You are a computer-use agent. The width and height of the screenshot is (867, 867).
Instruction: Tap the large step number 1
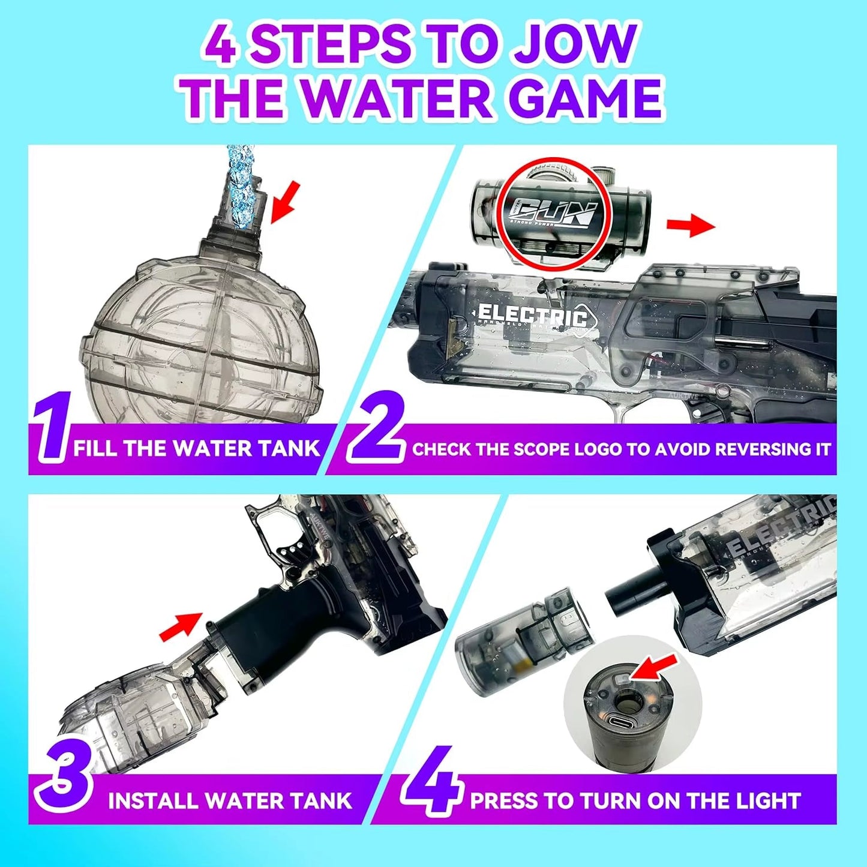pos(51,427)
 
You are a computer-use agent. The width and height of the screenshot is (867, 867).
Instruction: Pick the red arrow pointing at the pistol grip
pos(181,625)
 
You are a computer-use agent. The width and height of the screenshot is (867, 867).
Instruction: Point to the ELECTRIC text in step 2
pos(532,315)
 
